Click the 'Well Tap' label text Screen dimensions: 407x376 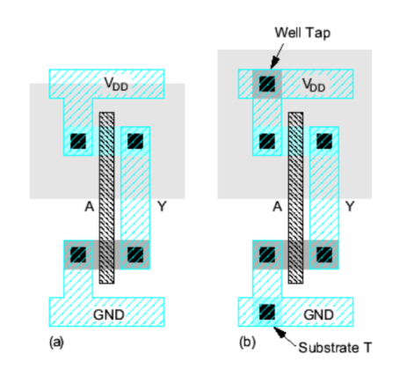pyautogui.click(x=302, y=33)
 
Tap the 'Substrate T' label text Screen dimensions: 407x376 pyautogui.click(x=335, y=348)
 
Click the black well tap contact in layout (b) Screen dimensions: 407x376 pyautogui.click(x=267, y=84)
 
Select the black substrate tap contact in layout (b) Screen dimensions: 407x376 pyautogui.click(x=267, y=312)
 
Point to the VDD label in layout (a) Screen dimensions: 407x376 pyautogui.click(x=116, y=84)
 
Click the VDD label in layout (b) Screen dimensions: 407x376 pyautogui.click(x=314, y=85)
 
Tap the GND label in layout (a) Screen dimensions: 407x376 pyautogui.click(x=109, y=315)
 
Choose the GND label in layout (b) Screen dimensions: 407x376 pyautogui.click(x=318, y=315)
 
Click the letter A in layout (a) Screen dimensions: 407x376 pyautogui.click(x=90, y=207)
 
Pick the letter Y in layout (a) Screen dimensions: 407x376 pyautogui.click(x=162, y=207)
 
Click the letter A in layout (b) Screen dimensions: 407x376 pyautogui.click(x=277, y=207)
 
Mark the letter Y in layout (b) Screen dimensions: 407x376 pyautogui.click(x=350, y=207)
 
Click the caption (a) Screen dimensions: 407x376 pyautogui.click(x=56, y=343)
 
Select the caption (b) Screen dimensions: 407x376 pyautogui.click(x=248, y=343)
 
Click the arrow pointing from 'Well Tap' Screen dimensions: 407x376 pyautogui.click(x=277, y=55)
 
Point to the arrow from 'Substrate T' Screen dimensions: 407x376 pyautogui.click(x=285, y=337)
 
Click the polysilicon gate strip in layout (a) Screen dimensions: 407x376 pyautogui.click(x=106, y=198)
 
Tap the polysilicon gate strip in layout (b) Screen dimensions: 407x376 pyautogui.click(x=295, y=198)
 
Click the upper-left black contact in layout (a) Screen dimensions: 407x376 pyautogui.click(x=78, y=141)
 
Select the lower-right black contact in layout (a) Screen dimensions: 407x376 pyautogui.click(x=135, y=254)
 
